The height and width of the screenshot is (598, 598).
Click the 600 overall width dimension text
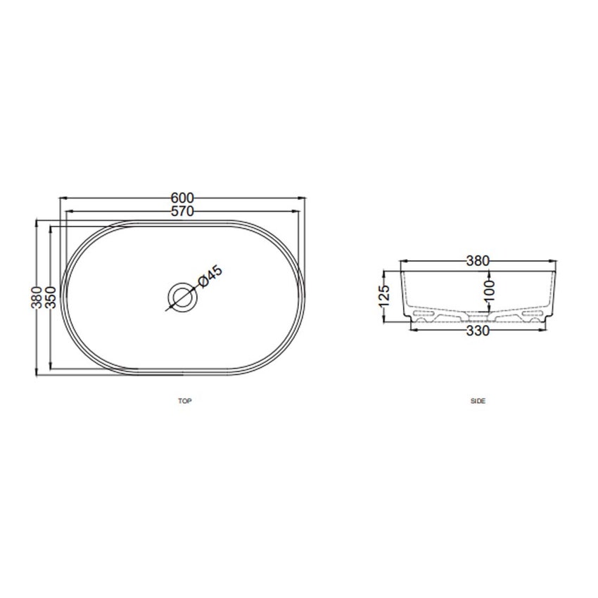pos(182,198)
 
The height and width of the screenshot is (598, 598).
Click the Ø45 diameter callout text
pos(210,276)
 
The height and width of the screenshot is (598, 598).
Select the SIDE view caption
pos(478,401)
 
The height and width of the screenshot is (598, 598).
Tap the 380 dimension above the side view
pos(478,261)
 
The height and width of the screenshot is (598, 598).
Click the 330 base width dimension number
pos(478,332)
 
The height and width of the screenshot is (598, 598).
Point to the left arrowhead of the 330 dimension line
pos(412,328)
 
